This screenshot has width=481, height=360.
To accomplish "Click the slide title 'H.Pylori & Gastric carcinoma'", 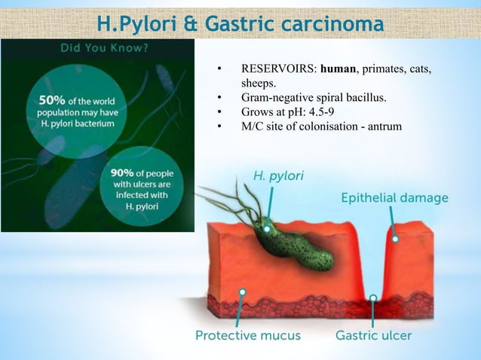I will pos(240,26).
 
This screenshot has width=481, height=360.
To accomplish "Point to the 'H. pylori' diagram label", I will pos(278,177).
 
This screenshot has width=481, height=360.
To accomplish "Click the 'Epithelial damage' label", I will pos(394,198).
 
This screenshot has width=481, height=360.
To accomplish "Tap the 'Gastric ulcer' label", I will pos(374,335).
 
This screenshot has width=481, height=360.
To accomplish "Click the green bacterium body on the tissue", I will pos(294,245).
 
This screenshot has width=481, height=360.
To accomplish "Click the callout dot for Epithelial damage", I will pos(395,239).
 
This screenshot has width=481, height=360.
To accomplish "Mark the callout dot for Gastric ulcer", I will pos(373,297).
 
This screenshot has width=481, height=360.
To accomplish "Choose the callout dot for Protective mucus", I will pos(243,291).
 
